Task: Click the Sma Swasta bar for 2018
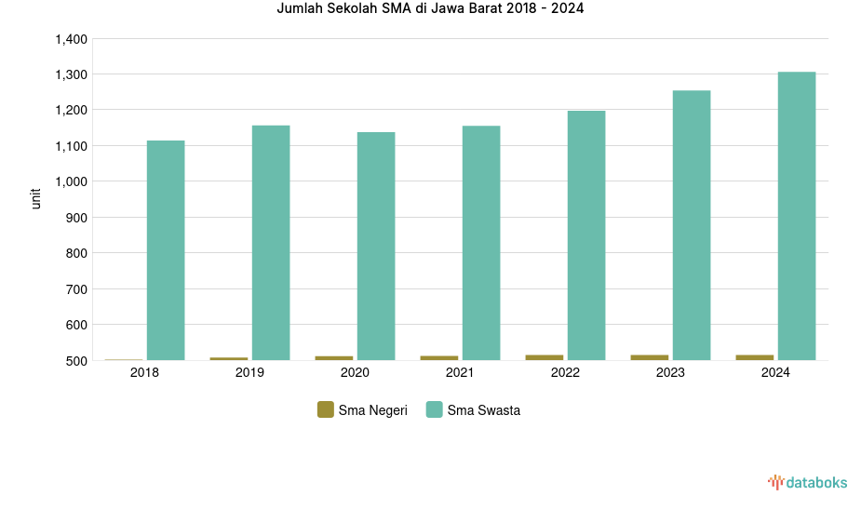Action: (x=166, y=250)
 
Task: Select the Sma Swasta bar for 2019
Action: (x=271, y=243)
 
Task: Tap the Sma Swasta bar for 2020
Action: (x=376, y=246)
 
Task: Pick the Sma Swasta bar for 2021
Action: (x=481, y=243)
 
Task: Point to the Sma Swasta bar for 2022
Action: (x=586, y=235)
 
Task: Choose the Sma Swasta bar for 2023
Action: (x=692, y=225)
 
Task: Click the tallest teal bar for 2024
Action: (x=797, y=216)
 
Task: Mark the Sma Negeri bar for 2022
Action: (x=545, y=357)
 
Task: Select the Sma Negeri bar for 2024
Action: (x=755, y=357)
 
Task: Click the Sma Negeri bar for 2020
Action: (x=334, y=358)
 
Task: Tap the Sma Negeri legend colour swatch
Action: (x=326, y=409)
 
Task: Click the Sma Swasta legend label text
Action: (x=483, y=410)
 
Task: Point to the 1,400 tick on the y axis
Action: (x=71, y=39)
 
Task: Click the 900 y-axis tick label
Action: (x=75, y=218)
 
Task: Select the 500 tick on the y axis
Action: (x=75, y=361)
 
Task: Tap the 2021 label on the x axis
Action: (x=460, y=373)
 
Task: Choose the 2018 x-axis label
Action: (x=144, y=373)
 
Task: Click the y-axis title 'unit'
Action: (x=36, y=198)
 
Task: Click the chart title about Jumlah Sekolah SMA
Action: (x=431, y=9)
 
